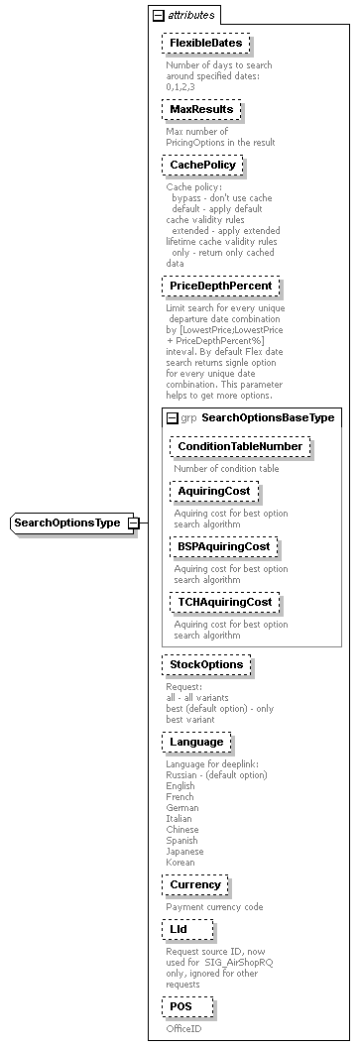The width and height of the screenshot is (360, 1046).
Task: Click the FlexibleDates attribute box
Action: [204, 45]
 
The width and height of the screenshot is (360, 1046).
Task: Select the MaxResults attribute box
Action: [200, 109]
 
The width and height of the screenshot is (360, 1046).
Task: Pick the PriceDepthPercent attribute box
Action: [220, 286]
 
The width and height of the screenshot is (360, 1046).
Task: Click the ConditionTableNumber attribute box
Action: [239, 447]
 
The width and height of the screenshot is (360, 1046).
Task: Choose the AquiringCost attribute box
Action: [214, 491]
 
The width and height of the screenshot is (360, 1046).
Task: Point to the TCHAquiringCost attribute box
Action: [224, 602]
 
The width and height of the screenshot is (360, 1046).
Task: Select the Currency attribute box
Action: [194, 884]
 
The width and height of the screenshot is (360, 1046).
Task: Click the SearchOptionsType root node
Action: [67, 523]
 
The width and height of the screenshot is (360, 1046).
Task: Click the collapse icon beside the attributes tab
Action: [158, 16]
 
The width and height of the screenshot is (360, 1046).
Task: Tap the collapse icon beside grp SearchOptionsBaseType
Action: [172, 418]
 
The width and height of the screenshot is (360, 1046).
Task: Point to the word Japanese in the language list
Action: [184, 851]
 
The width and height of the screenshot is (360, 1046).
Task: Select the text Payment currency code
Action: [214, 906]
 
